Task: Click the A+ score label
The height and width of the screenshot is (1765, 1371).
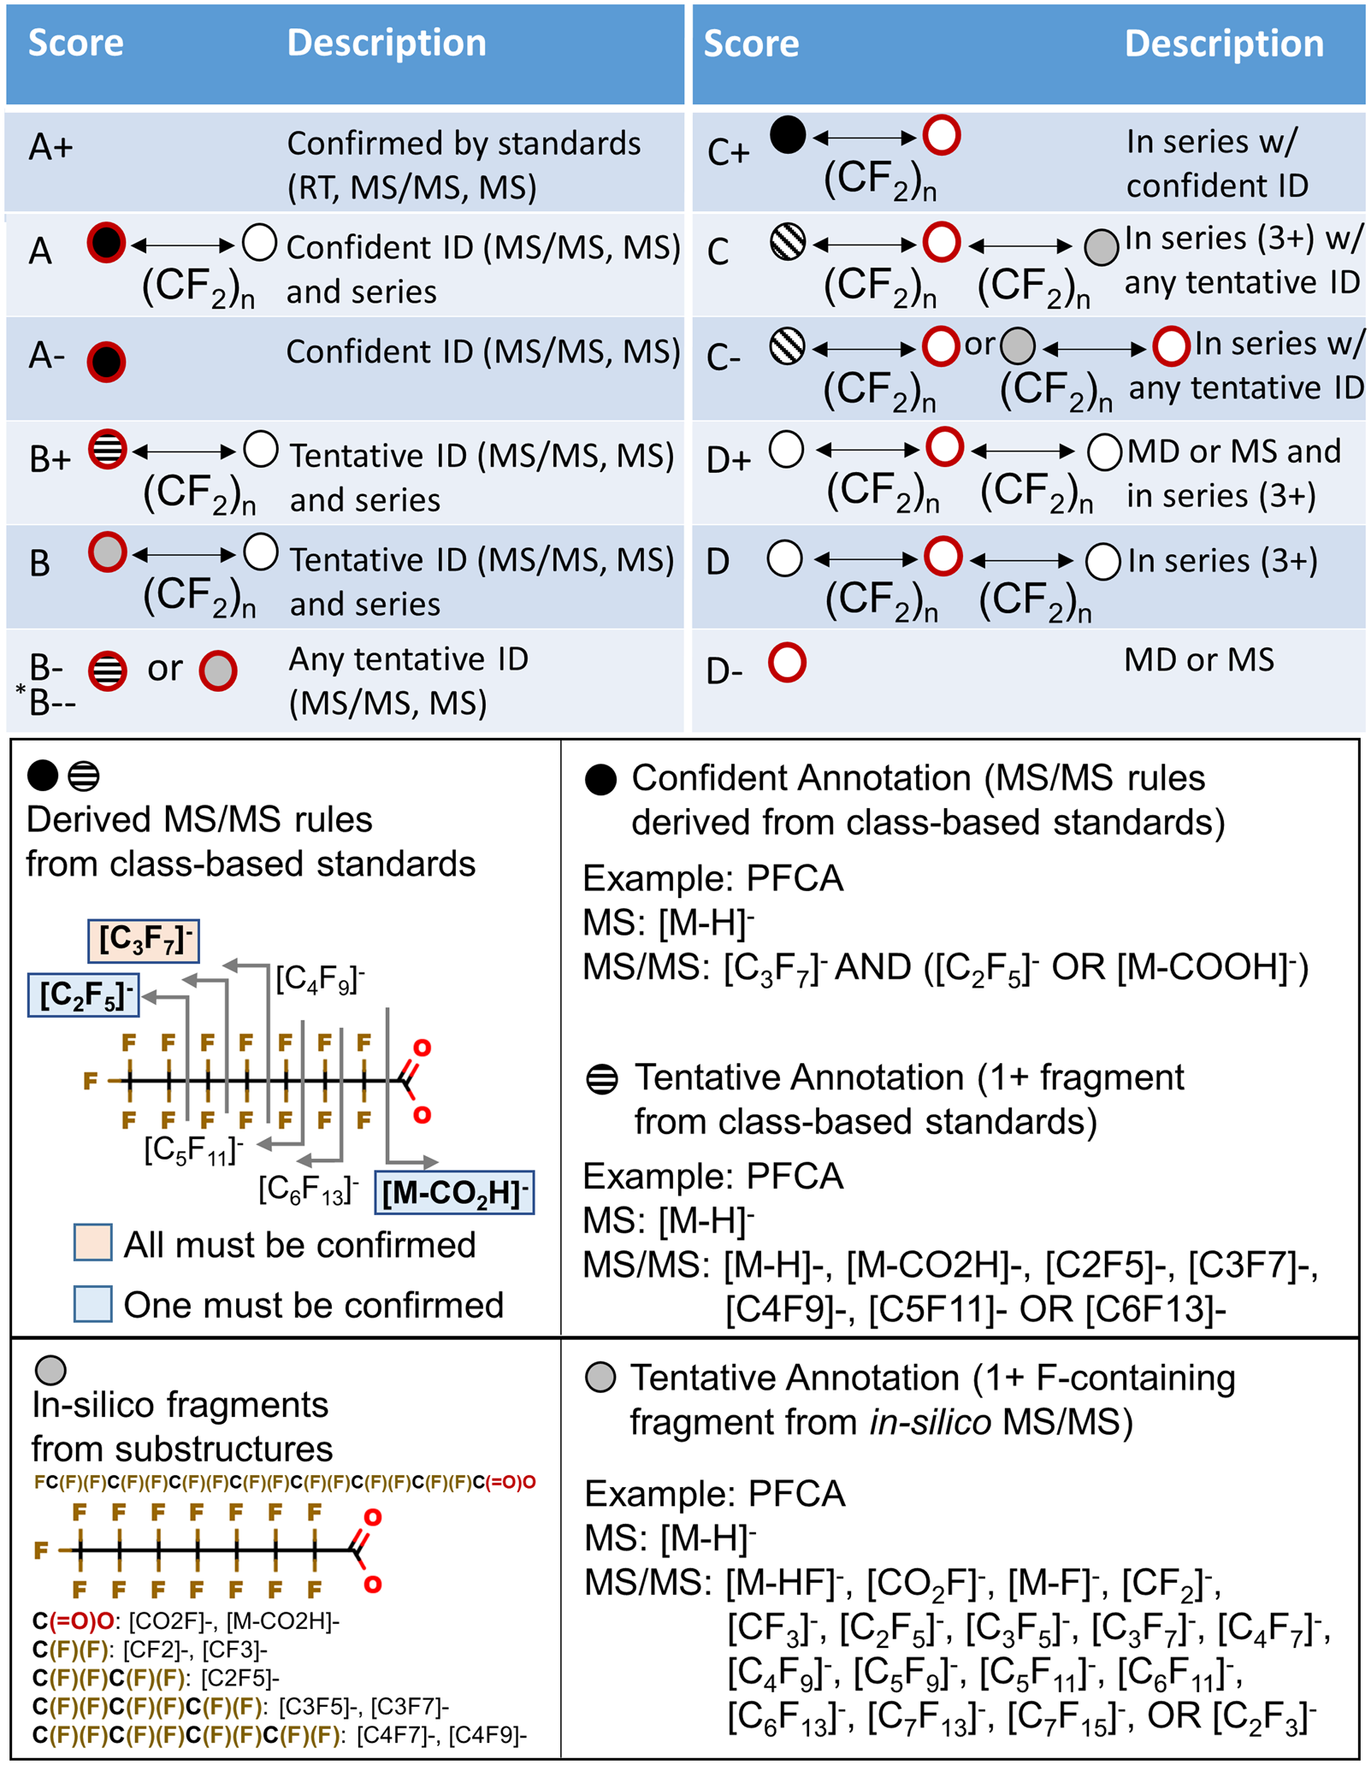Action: point(51,148)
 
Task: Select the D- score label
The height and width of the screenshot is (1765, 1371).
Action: point(724,671)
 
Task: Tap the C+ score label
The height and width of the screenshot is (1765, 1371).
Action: point(728,153)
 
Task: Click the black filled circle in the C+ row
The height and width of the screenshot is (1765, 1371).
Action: point(788,135)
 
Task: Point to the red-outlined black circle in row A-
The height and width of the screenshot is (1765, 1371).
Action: point(106,362)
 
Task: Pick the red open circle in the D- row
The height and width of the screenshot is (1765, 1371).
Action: point(787,663)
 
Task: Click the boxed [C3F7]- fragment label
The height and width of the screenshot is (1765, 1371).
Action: point(144,940)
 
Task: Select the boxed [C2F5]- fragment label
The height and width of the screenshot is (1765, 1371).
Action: point(84,995)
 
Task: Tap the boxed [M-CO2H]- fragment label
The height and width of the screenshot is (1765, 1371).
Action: point(454,1192)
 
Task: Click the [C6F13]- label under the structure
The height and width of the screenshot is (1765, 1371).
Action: point(308,1189)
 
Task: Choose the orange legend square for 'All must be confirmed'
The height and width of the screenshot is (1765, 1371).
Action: point(92,1243)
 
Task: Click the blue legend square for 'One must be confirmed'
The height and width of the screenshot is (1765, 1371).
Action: point(92,1304)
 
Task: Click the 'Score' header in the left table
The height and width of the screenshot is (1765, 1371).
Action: point(76,43)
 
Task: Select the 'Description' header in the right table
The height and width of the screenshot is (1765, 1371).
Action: point(1223,44)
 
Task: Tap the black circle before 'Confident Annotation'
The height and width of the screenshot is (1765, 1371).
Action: point(600,780)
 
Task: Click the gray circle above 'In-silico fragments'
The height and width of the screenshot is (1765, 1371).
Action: point(50,1370)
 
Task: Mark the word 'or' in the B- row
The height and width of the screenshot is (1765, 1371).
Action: point(164,669)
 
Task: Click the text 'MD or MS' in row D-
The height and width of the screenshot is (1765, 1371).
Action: point(1198,659)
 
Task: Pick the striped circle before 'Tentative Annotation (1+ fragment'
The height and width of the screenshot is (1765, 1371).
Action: point(602,1079)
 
